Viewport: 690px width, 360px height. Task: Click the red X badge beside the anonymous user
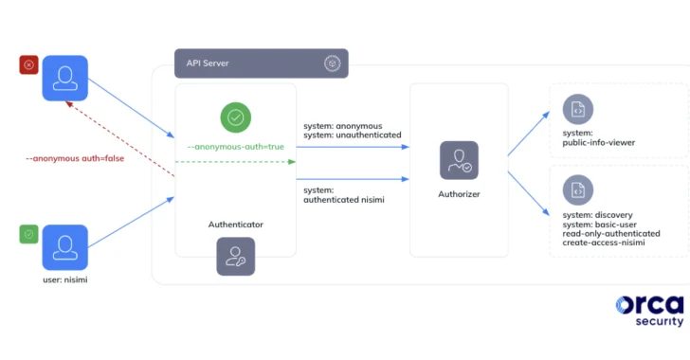point(28,65)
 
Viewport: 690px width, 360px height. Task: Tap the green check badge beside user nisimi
point(28,234)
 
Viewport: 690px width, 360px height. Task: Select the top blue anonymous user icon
point(64,78)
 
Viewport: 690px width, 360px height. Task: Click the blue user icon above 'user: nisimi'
point(64,247)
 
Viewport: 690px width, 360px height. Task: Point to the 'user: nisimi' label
point(65,280)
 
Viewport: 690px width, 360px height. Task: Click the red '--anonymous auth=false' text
point(74,158)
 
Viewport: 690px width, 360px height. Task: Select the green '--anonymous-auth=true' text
point(235,147)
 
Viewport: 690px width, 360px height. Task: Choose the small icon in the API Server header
point(332,63)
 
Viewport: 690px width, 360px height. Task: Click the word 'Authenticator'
point(235,225)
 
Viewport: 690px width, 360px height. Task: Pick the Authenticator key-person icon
point(235,256)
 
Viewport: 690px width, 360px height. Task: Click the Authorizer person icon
point(459,160)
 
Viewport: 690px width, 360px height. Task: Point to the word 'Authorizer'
point(459,193)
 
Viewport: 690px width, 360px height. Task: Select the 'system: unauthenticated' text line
point(352,135)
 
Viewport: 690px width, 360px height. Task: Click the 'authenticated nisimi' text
point(347,200)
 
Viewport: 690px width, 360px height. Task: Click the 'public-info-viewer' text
point(598,142)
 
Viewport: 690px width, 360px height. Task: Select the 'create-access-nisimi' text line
point(604,243)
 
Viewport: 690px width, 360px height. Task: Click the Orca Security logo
point(649,310)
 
